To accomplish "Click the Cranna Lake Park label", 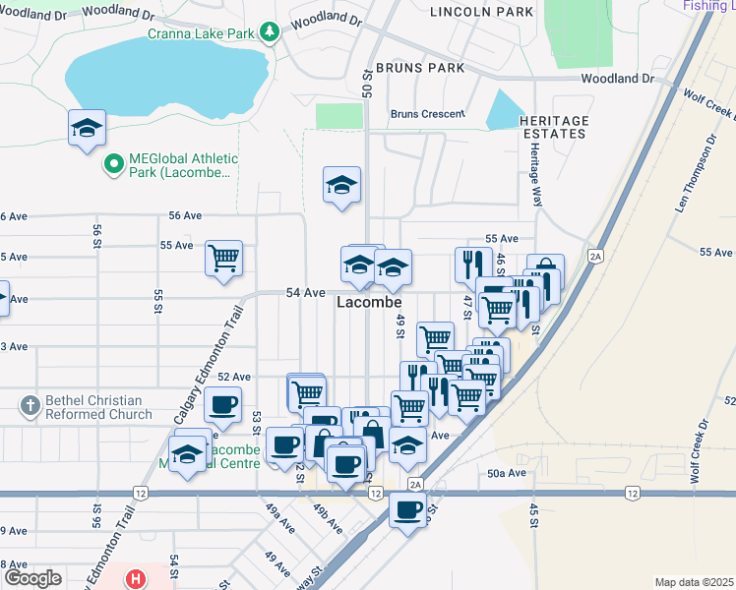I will tap(203, 32).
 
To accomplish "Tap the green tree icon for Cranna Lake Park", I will tap(269, 32).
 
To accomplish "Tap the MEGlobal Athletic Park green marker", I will tap(114, 163).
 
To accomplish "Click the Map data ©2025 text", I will tap(693, 582).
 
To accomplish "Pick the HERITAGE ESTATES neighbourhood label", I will tap(555, 126).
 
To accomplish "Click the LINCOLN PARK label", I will tap(482, 11).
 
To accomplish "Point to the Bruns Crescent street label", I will tap(427, 113).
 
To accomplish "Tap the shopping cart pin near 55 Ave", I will tap(223, 258).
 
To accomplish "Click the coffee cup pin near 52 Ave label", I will tap(223, 403).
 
